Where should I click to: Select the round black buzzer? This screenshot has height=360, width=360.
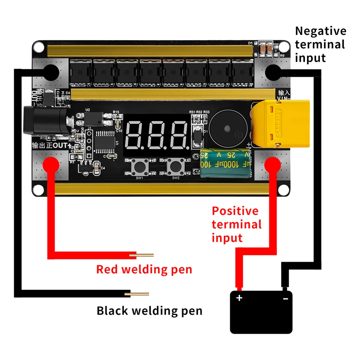(227, 129)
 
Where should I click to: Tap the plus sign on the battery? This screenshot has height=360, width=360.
(240, 298)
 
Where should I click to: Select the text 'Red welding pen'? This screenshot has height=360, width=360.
(144, 269)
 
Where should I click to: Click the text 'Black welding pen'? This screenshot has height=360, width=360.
(149, 310)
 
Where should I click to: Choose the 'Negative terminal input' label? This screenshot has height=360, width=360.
(320, 44)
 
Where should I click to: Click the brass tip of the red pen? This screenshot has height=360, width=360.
(142, 255)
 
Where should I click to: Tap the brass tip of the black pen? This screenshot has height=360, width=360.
(137, 294)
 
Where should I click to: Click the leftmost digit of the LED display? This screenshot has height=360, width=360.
(136, 136)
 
